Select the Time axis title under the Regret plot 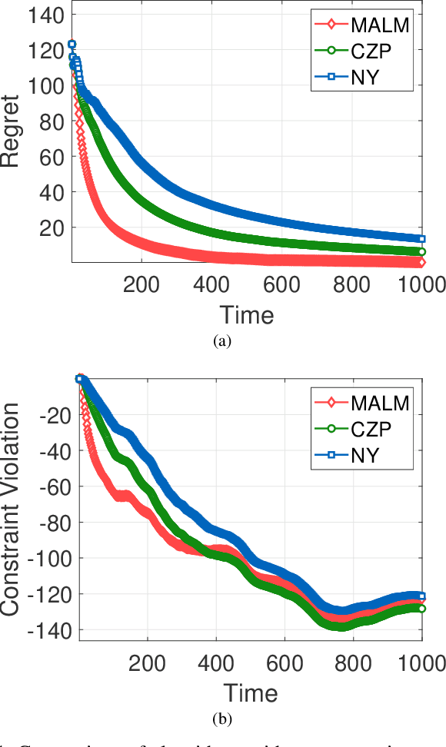[247, 314]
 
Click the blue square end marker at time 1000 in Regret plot [421, 239]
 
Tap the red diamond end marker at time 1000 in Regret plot [421, 263]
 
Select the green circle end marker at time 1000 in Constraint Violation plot [421, 608]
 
